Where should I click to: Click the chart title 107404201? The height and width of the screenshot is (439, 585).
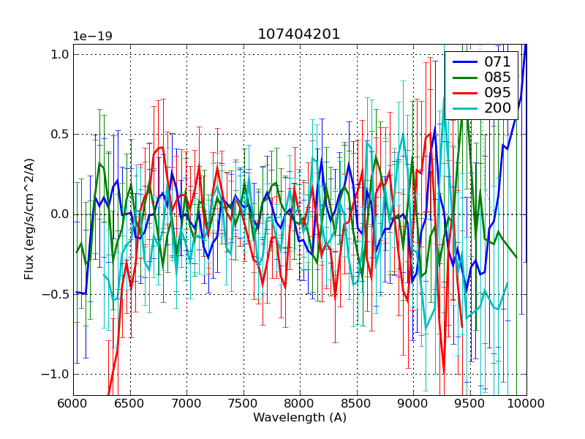pos(299,34)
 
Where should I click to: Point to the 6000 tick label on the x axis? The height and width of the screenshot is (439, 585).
pos(73,403)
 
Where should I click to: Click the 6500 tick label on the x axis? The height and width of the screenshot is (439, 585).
pos(130,403)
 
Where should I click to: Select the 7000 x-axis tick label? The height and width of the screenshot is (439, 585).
pos(186,403)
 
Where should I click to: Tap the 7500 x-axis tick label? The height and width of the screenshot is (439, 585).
pos(244,403)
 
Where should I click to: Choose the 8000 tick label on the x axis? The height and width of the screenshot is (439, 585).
pos(300,403)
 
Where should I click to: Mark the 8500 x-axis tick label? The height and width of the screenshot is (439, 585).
pos(357,403)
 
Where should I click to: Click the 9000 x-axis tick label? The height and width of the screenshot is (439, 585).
pos(413,403)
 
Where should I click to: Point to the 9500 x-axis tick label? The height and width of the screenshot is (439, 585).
pos(470,403)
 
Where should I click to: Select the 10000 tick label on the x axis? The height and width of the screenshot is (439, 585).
pos(525,403)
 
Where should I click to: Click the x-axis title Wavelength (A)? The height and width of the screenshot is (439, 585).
pos(300,418)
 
